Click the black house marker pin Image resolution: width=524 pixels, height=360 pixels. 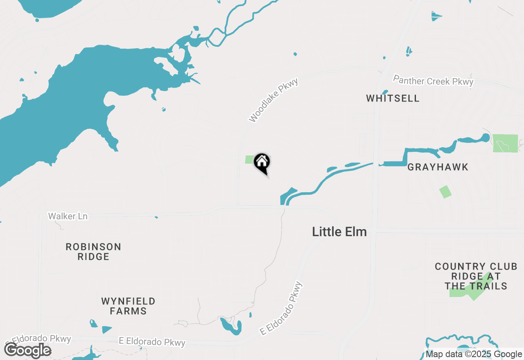tap(262, 163)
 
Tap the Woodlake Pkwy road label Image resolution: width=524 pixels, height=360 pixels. tap(273, 100)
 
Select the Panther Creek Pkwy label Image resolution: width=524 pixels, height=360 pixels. tap(433, 81)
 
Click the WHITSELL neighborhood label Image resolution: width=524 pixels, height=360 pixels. tap(393, 99)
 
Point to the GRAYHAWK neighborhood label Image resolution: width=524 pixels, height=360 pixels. tap(438, 167)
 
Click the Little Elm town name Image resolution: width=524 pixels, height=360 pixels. tap(339, 232)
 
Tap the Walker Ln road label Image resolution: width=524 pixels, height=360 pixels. tap(68, 216)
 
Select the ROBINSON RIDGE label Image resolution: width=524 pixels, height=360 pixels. tap(93, 252)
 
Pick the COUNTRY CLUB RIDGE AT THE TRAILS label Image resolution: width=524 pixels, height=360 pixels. tap(476, 276)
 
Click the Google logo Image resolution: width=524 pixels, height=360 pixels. tap(28, 351)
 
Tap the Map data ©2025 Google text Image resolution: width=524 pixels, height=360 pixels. tap(474, 354)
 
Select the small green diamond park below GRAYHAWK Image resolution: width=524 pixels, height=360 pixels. tap(445, 192)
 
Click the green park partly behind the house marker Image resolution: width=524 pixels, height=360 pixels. tap(249, 160)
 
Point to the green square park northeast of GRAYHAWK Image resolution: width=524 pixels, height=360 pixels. tap(505, 143)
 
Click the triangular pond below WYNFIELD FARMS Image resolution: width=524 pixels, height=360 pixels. tap(106, 329)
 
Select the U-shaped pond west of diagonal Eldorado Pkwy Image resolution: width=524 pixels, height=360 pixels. tap(231, 326)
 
